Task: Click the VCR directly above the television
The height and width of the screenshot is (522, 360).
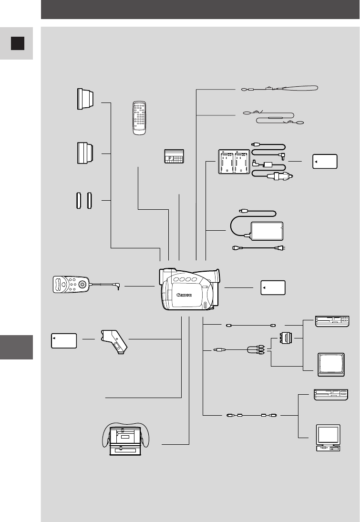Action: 331,321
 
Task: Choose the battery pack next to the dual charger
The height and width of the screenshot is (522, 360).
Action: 325,161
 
